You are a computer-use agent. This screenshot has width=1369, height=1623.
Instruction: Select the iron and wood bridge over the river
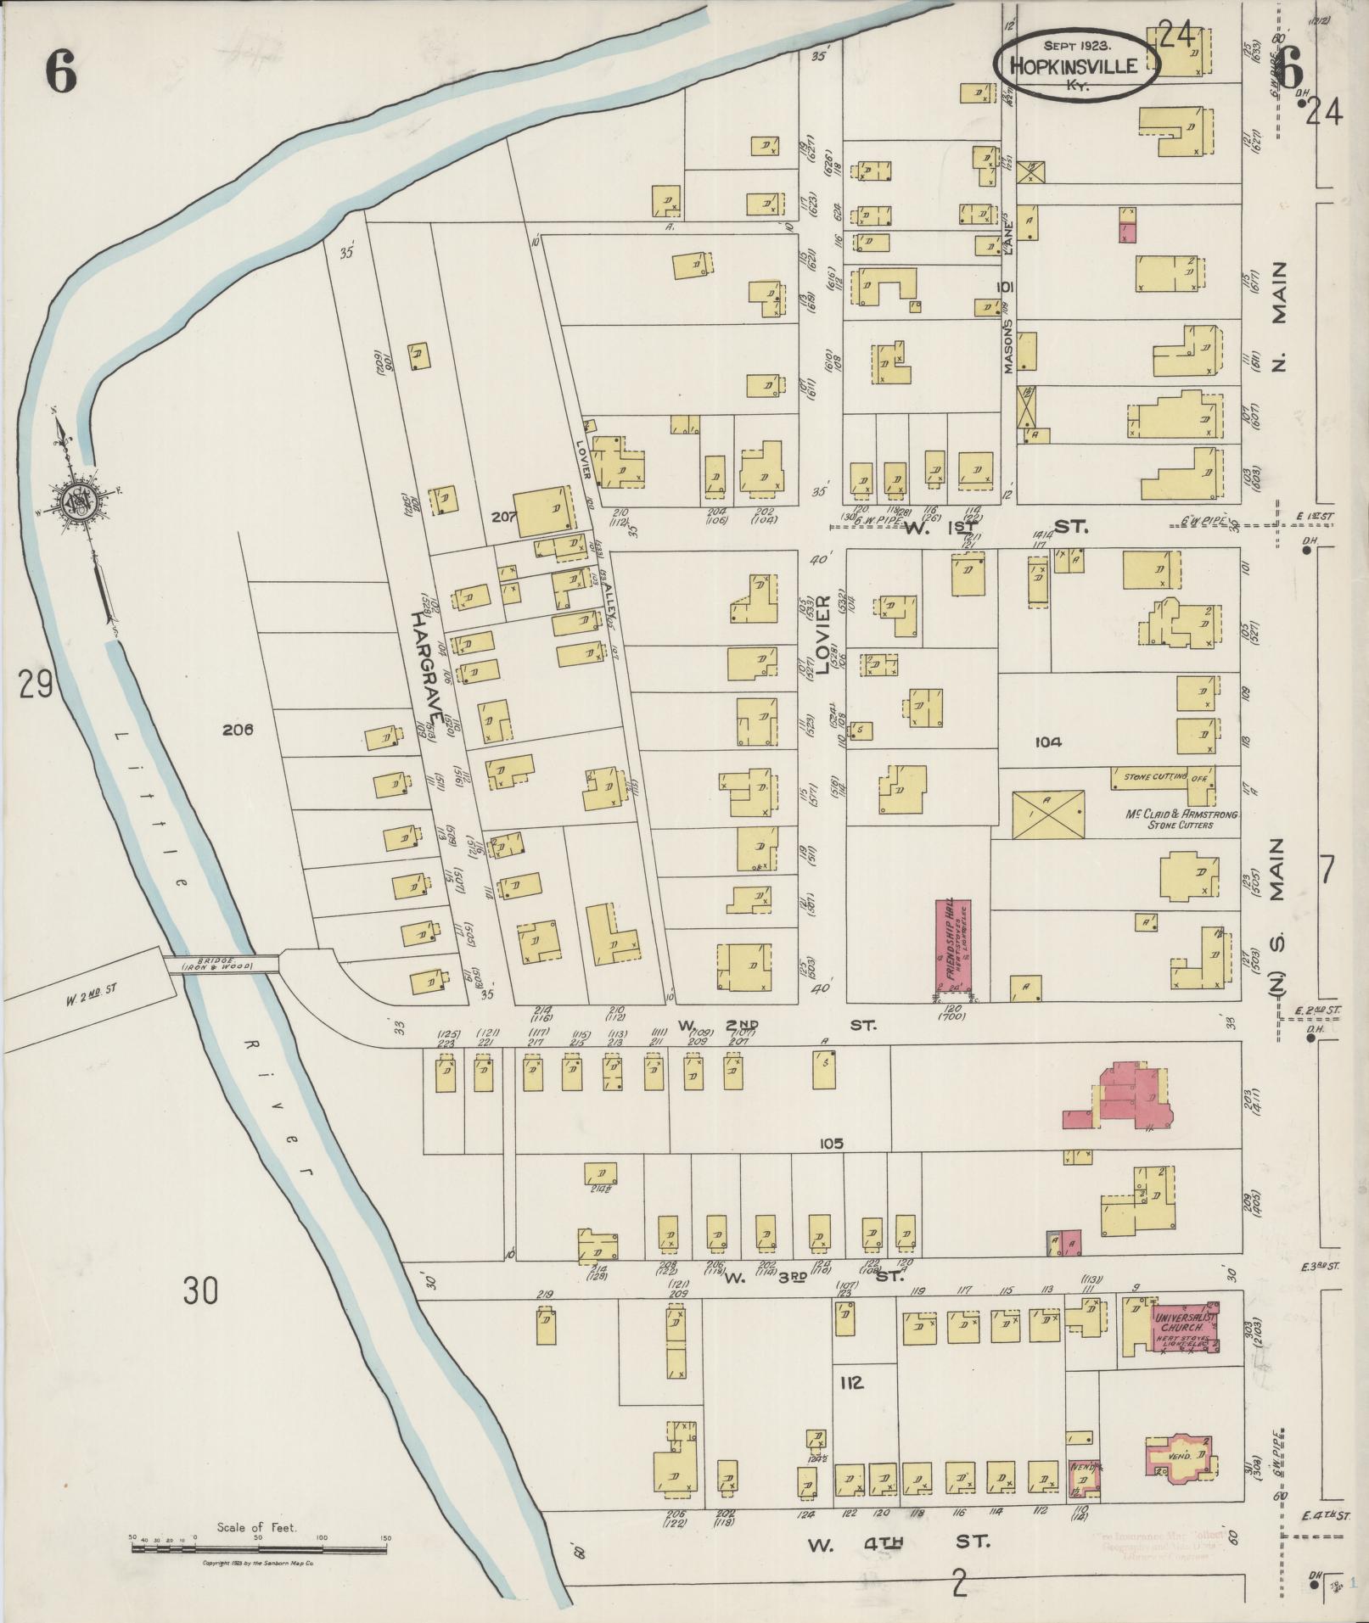click(223, 964)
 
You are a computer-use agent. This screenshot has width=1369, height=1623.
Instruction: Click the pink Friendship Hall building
click(953, 945)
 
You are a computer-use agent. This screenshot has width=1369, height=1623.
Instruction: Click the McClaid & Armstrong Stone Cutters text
click(1181, 819)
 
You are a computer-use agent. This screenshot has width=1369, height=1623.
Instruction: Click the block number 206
click(238, 729)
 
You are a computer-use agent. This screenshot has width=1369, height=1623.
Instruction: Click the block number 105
click(831, 1144)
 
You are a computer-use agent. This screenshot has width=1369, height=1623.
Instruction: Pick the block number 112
click(851, 1384)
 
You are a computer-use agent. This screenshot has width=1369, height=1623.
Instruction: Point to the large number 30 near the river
click(199, 1292)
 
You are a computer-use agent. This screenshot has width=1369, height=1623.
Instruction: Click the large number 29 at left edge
click(38, 683)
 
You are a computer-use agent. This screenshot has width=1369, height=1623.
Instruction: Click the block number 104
click(1048, 742)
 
